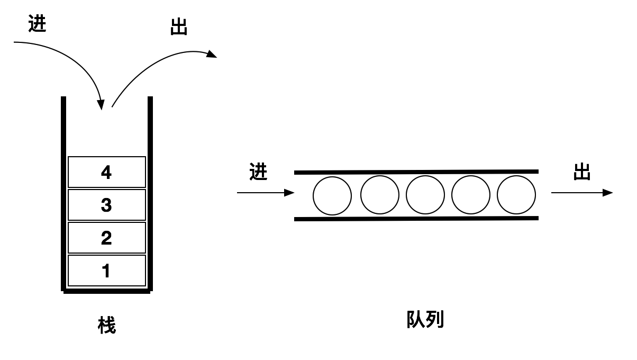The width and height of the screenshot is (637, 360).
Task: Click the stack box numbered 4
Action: pyautogui.click(x=107, y=172)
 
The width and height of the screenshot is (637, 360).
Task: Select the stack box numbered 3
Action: pyautogui.click(x=107, y=205)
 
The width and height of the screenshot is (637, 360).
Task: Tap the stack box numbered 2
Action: pyautogui.click(x=107, y=238)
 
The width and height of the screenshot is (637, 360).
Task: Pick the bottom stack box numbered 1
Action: pyautogui.click(x=107, y=271)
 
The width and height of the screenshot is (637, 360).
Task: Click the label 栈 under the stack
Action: pyautogui.click(x=107, y=325)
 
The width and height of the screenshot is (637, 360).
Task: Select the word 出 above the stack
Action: pyautogui.click(x=179, y=28)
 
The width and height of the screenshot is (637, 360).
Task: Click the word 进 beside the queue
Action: pyautogui.click(x=258, y=172)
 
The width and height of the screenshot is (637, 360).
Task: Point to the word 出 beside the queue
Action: pyautogui.click(x=582, y=172)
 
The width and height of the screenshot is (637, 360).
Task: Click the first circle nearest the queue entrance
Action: pyautogui.click(x=332, y=195)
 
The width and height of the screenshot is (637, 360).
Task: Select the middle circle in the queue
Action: pyautogui.click(x=425, y=194)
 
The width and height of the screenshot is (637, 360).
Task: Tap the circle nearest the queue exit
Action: pyautogui.click(x=516, y=194)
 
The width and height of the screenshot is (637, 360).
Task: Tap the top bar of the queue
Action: pyautogui.click(x=416, y=172)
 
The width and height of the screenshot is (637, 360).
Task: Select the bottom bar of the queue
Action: pyautogui.click(x=416, y=218)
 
